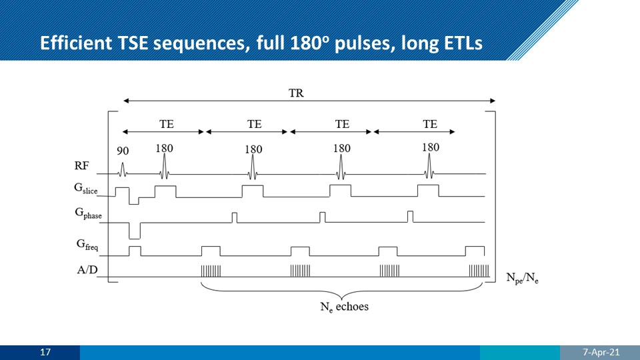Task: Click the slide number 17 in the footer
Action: tap(46, 352)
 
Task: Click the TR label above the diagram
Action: tap(296, 93)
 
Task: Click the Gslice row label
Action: tap(86, 190)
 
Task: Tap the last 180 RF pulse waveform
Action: tap(430, 166)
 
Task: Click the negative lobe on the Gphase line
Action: tap(135, 230)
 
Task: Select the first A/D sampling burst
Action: tap(211, 271)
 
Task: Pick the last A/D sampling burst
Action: tap(478, 271)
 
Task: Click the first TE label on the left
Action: tap(166, 123)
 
